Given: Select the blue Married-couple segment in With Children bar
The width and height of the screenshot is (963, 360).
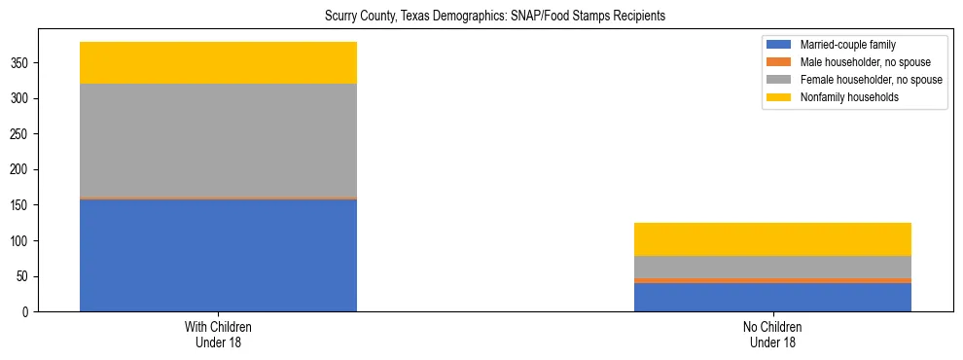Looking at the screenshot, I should tap(218, 255).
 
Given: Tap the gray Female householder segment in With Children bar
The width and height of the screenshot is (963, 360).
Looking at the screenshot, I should tap(218, 140).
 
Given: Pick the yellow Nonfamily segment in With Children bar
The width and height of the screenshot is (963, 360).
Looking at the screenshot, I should tap(218, 62).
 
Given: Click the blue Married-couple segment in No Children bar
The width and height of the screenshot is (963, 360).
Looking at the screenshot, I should tap(772, 297).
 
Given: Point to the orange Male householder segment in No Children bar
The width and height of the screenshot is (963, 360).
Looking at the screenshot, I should tap(772, 280).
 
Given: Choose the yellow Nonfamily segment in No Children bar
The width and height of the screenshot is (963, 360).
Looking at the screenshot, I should tap(772, 239).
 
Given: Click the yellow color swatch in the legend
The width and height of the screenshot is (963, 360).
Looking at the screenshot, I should tap(779, 97).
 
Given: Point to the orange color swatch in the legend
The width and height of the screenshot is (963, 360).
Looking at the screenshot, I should tap(779, 62).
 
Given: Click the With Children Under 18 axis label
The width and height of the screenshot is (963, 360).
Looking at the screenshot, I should tap(218, 334).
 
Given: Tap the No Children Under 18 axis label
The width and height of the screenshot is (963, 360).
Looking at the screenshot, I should tap(772, 334).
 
